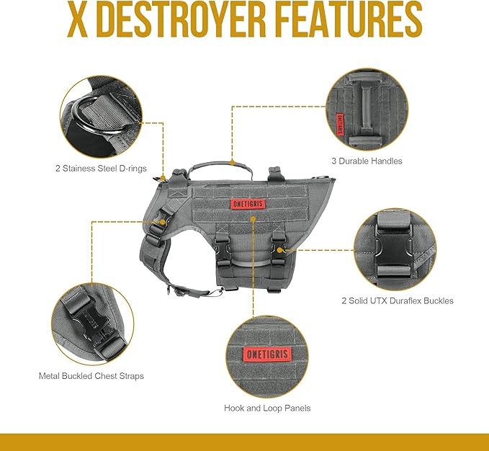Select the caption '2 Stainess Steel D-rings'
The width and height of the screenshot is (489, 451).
pyautogui.click(x=101, y=168)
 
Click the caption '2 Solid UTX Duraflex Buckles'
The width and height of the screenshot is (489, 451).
pyautogui.click(x=397, y=300)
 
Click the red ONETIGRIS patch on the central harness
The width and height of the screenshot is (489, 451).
pyautogui.click(x=248, y=204)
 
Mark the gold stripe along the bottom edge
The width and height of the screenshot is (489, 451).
pyautogui.click(x=244, y=442)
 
